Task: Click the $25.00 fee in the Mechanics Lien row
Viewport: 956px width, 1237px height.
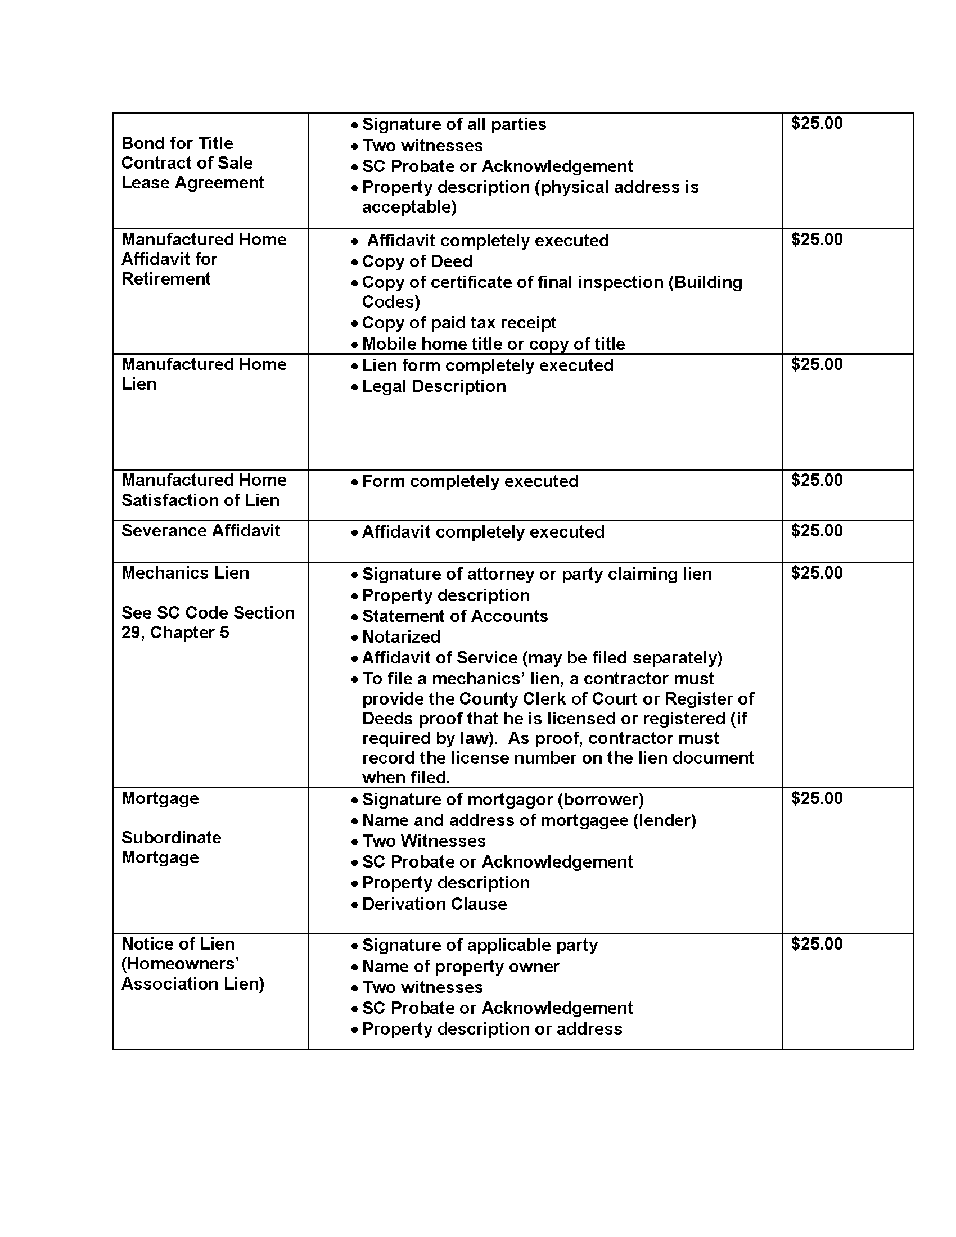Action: tap(816, 572)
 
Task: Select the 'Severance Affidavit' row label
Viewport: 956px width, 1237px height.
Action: tap(201, 531)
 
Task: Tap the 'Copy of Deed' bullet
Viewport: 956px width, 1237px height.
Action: tap(417, 261)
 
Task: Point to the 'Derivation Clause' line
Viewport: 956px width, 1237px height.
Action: tap(434, 904)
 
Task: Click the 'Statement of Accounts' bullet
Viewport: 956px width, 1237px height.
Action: tap(455, 616)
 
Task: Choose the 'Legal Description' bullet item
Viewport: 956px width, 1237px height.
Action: tap(434, 386)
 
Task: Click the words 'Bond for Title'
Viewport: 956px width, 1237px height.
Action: tap(177, 143)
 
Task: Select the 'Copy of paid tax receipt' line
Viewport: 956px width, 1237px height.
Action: tap(459, 322)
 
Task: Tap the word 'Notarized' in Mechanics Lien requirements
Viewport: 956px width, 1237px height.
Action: tap(401, 636)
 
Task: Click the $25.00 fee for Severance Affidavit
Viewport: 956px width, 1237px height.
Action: tap(816, 531)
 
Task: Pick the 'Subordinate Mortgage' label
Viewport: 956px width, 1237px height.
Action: tap(171, 847)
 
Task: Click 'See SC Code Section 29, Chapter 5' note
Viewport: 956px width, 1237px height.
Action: tap(208, 622)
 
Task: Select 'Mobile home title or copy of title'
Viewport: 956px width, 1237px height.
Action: tap(493, 344)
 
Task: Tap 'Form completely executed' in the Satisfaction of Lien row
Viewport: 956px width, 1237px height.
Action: tap(470, 481)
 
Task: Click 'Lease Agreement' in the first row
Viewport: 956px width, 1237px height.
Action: tap(192, 182)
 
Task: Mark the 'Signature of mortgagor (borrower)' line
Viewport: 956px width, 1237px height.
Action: tap(502, 799)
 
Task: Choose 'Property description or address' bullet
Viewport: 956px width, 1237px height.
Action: tap(491, 1028)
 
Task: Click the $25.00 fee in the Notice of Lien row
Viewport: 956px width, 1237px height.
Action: tap(816, 943)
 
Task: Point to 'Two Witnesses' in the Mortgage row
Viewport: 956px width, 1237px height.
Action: tap(423, 841)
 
